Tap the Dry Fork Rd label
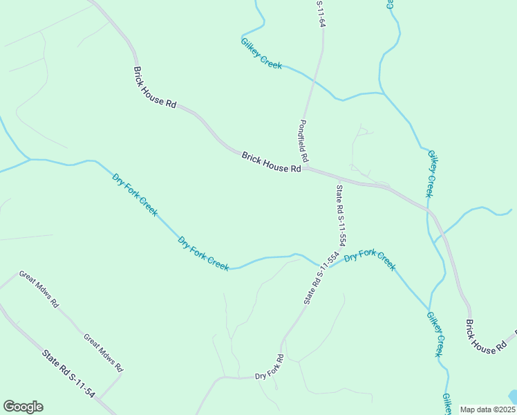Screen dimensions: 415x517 [270, 367]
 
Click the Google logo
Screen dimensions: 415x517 [23, 407]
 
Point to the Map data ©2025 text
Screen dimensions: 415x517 [487, 409]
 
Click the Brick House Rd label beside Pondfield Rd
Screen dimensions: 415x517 [272, 163]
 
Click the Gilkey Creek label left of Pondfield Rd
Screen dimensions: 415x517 [261, 53]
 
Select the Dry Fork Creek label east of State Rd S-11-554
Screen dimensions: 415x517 [370, 259]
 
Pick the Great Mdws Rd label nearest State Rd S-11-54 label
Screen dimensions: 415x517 [102, 351]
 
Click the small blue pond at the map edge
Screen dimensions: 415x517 [512, 397]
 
